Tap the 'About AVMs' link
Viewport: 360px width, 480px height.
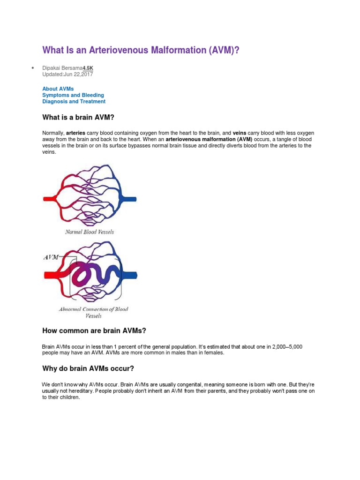(58, 89)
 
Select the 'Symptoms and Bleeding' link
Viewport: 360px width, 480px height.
(73, 95)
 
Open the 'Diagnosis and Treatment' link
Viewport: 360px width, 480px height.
(74, 101)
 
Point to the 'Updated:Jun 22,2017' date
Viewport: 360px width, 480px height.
(67, 74)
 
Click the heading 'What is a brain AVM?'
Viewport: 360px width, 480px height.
(78, 117)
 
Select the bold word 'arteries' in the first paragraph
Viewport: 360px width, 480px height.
(75, 133)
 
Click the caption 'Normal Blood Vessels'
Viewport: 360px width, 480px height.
(89, 232)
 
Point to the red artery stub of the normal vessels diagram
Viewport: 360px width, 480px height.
(49, 199)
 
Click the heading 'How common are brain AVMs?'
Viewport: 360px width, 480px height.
(94, 330)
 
